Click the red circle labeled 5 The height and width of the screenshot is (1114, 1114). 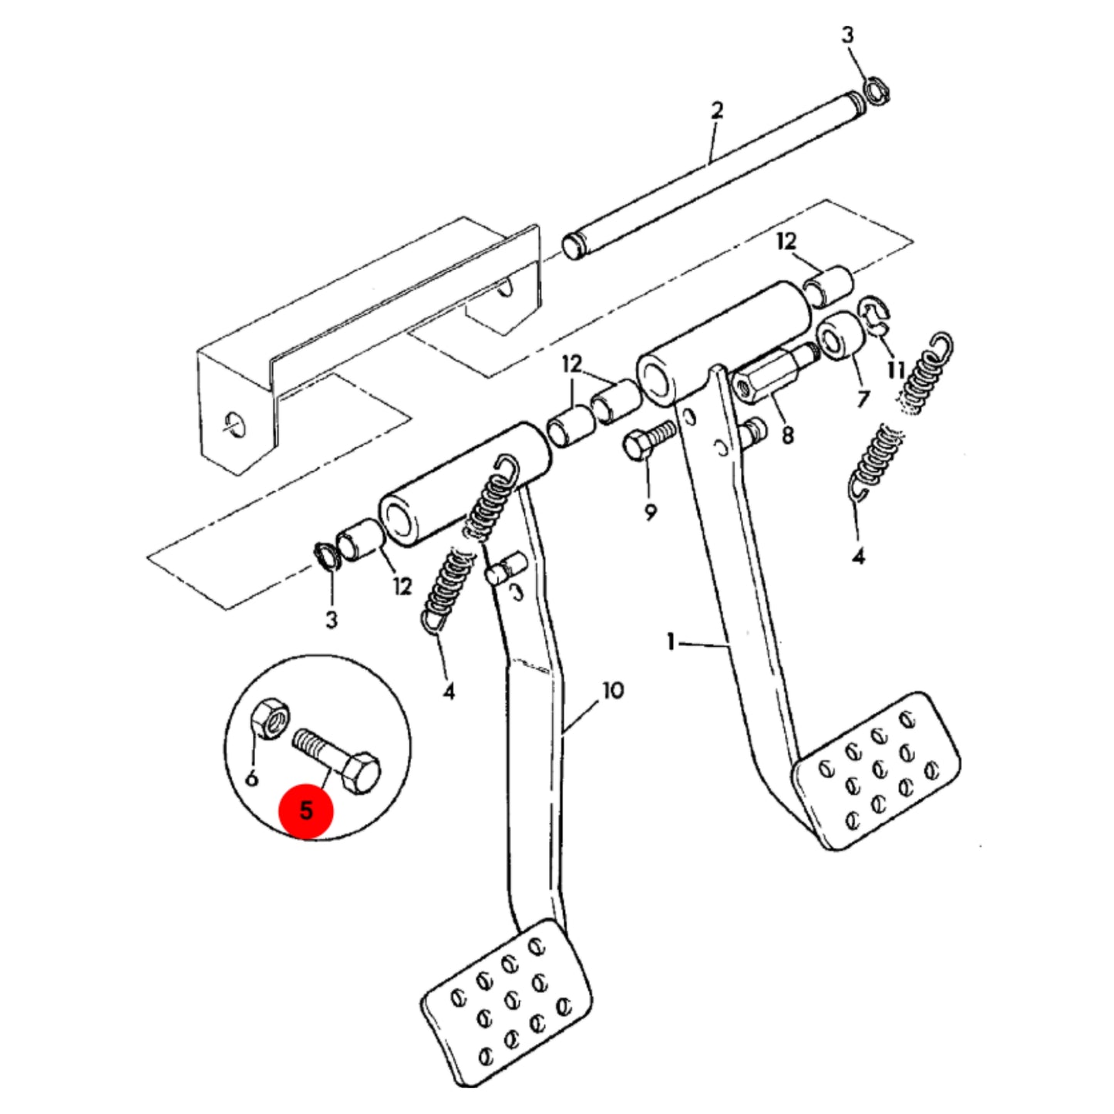coord(306,810)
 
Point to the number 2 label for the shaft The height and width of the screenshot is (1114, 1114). coord(716,109)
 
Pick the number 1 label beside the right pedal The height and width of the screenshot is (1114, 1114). coord(671,641)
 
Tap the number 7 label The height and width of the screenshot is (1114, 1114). coord(863,399)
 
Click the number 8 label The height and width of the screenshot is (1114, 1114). coord(787,435)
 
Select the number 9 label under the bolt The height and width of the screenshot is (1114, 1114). coord(651,512)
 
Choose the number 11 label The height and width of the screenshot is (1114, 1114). coord(896,369)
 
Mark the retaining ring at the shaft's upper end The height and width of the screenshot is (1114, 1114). coord(877,93)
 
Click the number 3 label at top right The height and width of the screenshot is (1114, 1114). coord(847,35)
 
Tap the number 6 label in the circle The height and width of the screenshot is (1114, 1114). coord(251,778)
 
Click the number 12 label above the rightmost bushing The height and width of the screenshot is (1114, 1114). coord(786,241)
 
